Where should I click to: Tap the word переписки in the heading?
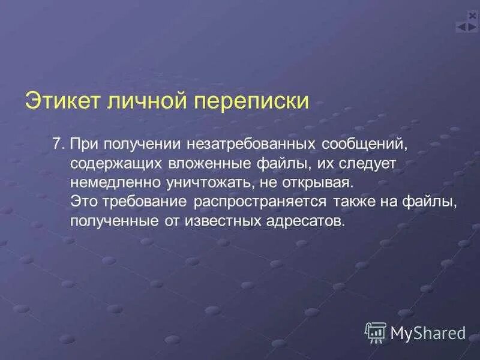coord(251,101)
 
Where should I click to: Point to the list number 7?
coord(57,145)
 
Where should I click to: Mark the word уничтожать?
coord(204,182)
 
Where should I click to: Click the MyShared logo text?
coord(428,332)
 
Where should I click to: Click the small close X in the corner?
coord(472,16)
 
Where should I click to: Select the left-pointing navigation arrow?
coord(462,27)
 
